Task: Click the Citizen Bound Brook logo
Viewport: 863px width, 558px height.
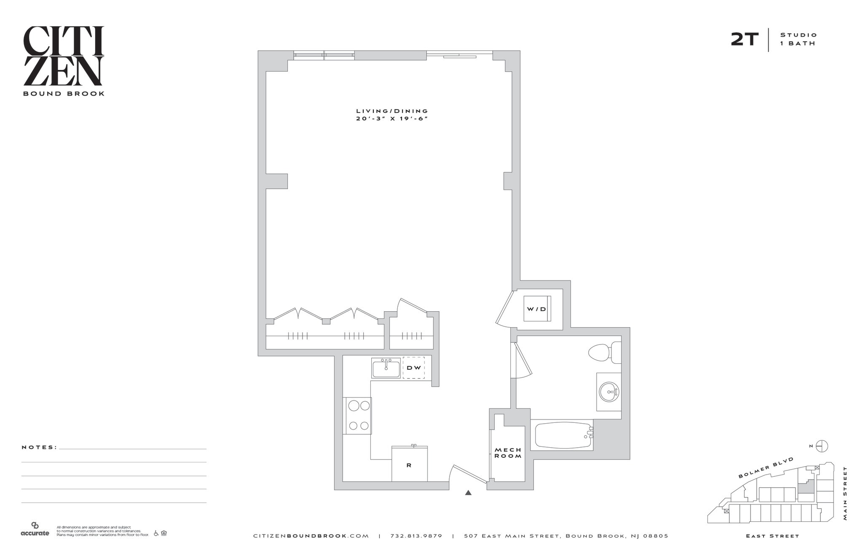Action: click(x=64, y=61)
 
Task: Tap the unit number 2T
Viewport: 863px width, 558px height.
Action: click(x=744, y=39)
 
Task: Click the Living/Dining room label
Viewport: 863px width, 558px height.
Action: click(x=392, y=115)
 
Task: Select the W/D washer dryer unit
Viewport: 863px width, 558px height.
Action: click(x=537, y=309)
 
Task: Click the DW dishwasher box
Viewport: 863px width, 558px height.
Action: click(x=414, y=368)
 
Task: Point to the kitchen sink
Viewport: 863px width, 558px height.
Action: click(x=386, y=368)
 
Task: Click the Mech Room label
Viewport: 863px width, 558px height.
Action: click(x=508, y=453)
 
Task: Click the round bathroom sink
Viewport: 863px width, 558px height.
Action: click(x=609, y=392)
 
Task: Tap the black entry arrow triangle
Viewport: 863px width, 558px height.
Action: click(x=468, y=492)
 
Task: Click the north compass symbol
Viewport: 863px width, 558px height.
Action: click(x=822, y=446)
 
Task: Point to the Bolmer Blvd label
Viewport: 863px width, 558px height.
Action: click(x=766, y=467)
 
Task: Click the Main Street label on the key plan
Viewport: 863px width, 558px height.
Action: click(x=845, y=493)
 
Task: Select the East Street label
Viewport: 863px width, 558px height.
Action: click(x=772, y=536)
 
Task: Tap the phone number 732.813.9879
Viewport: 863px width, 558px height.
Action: click(x=416, y=536)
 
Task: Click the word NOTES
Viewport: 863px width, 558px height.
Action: click(x=39, y=447)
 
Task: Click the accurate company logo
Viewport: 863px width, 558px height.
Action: click(x=35, y=529)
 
